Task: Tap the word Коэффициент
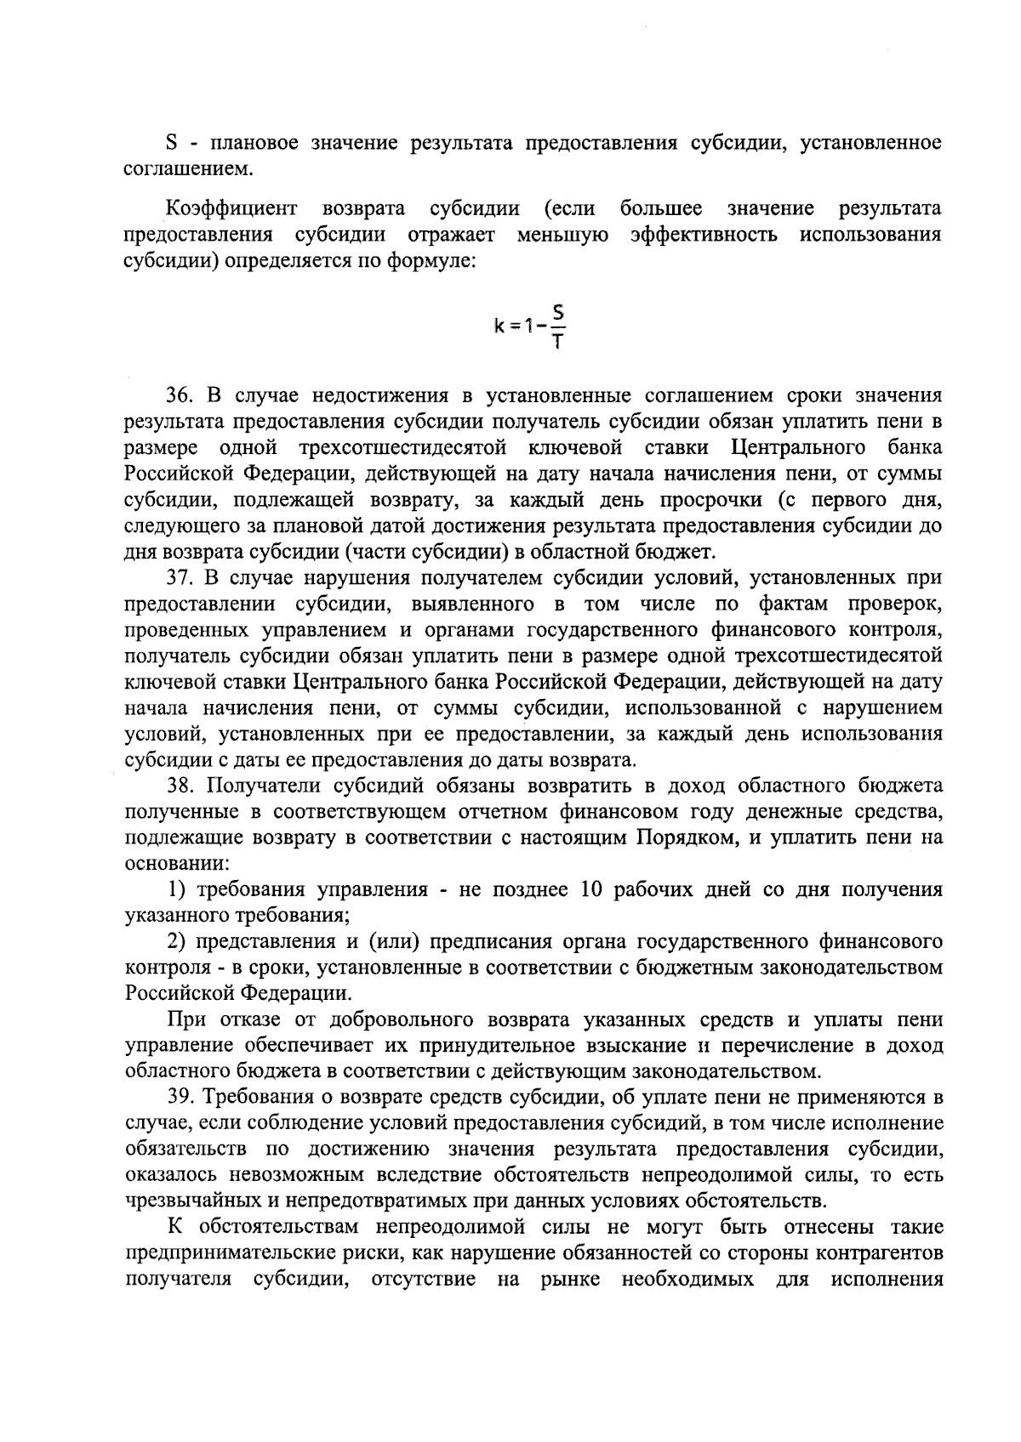tap(231, 209)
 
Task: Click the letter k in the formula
tap(499, 326)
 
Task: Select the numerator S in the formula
tap(558, 312)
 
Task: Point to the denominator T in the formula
tap(558, 342)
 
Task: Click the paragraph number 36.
tap(180, 395)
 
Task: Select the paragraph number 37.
tap(180, 578)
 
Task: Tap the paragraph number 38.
tap(180, 786)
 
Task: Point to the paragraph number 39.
tap(180, 1097)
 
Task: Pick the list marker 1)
tap(176, 890)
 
